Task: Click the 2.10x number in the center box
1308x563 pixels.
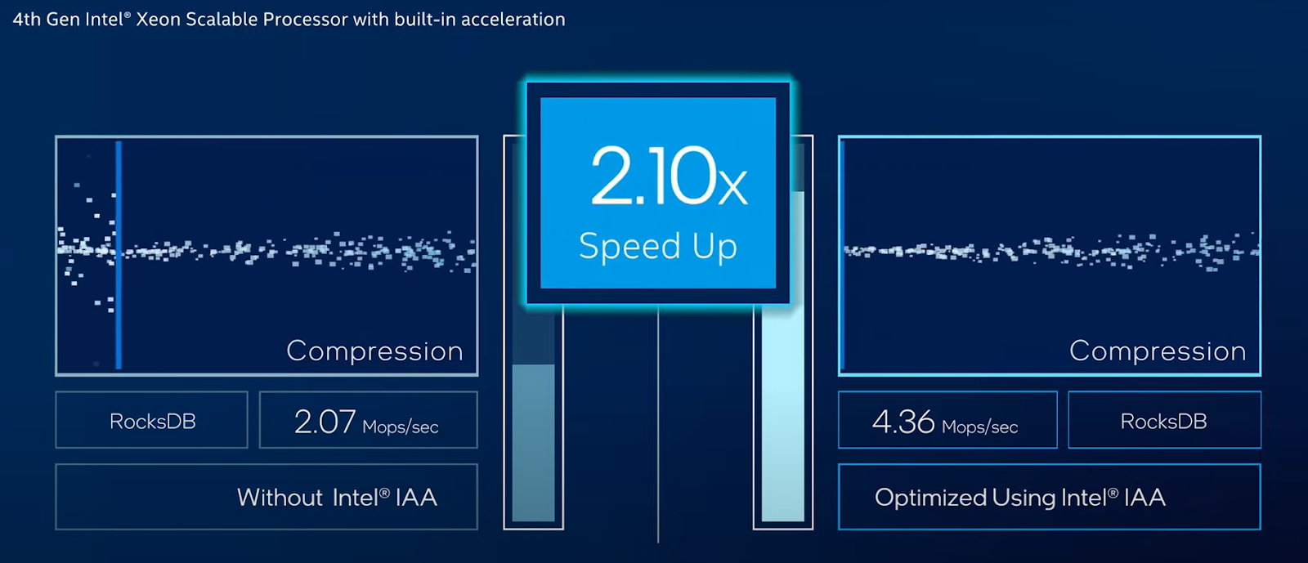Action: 669,176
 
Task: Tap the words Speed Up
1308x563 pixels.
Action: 658,246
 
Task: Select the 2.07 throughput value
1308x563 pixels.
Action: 325,422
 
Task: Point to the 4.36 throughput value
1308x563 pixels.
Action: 903,422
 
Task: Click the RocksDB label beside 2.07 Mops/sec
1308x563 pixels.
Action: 152,422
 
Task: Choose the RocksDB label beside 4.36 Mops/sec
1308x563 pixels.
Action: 1163,422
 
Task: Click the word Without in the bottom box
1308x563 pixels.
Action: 280,498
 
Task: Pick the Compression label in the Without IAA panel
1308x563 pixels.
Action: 374,351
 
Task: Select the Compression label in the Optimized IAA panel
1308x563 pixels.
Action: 1158,351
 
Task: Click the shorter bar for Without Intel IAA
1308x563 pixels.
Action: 533,443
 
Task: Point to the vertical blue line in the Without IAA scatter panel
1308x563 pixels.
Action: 119,255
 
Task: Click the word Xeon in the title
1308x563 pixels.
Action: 159,20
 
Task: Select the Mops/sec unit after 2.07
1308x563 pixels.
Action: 400,427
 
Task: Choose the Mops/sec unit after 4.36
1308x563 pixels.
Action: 980,427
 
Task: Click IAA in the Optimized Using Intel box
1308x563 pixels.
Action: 1144,498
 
